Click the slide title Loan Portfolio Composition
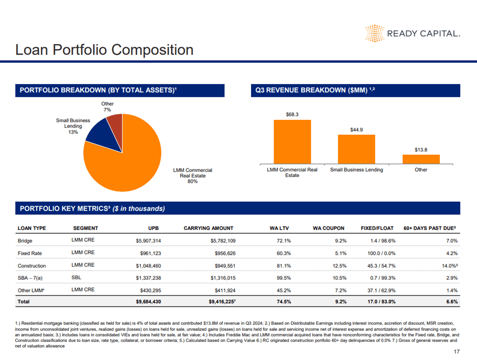click(104, 50)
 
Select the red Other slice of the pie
click(115, 125)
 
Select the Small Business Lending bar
click(356, 149)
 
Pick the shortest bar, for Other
click(421, 159)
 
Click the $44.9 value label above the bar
click(356, 130)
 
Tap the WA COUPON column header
click(329, 228)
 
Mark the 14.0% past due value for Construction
click(447, 266)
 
